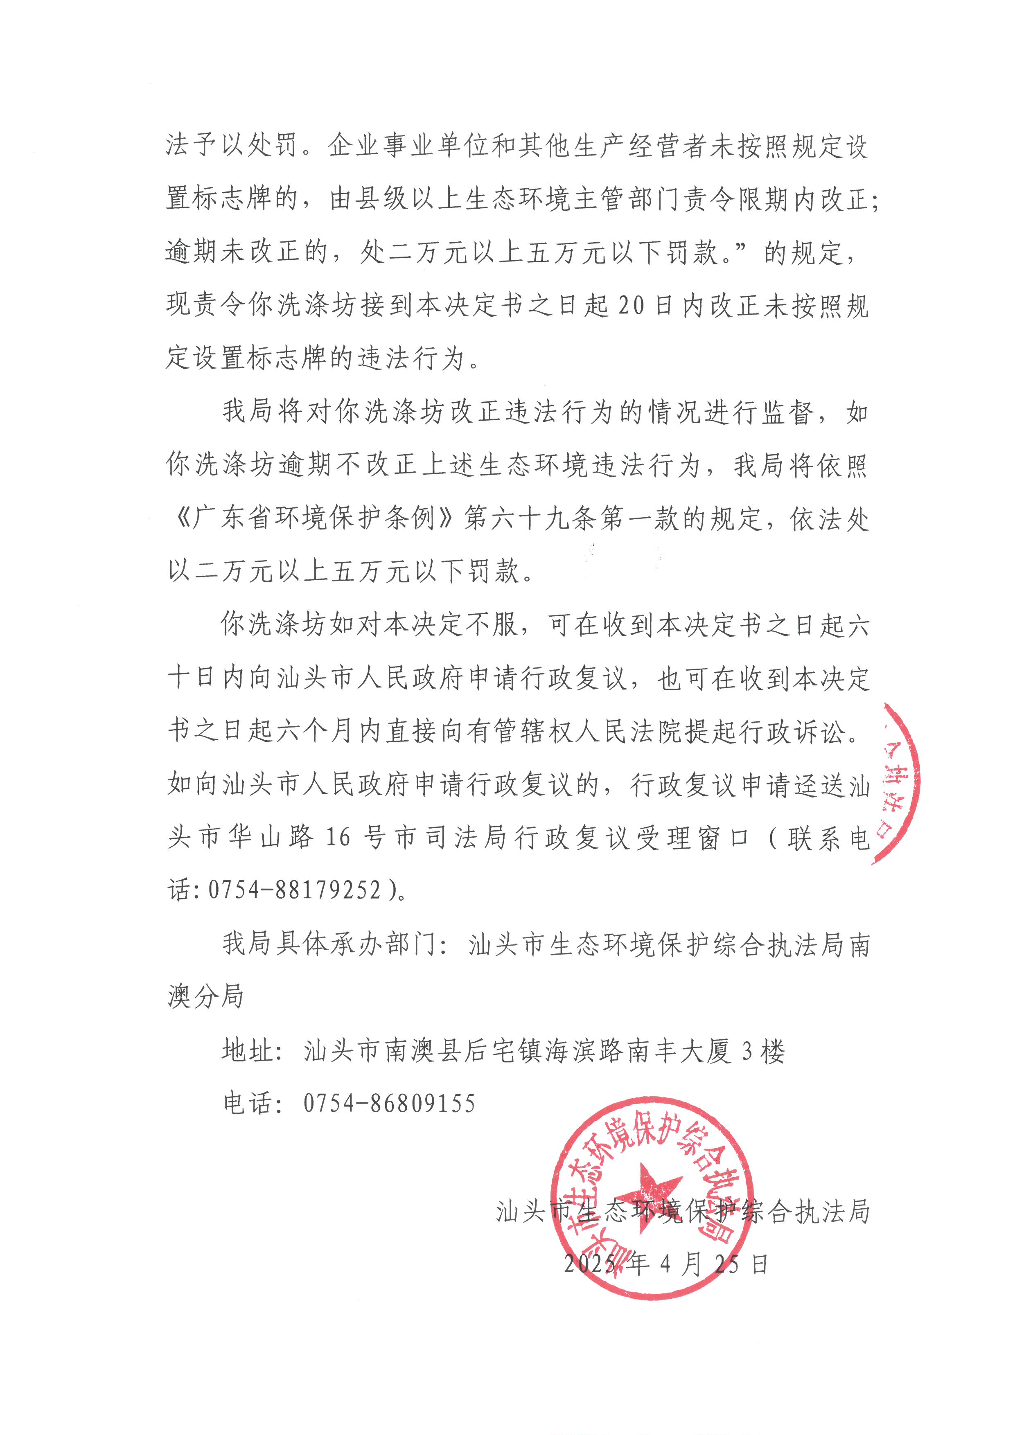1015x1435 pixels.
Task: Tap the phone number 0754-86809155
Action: tap(389, 1104)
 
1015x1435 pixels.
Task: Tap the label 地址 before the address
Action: tap(249, 1051)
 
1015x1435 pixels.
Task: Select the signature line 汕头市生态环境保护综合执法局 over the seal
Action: tap(683, 1211)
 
